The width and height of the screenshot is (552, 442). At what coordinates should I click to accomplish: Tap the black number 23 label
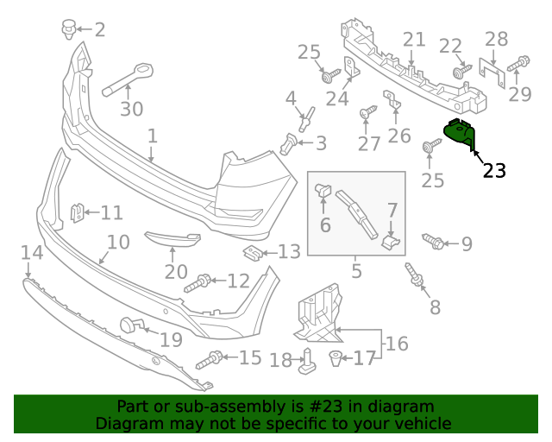[x=494, y=171]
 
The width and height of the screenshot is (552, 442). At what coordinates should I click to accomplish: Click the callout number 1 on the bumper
[x=152, y=136]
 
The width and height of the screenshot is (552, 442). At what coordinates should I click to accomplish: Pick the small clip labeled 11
[x=78, y=212]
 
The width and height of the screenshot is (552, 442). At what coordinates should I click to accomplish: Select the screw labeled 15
[x=210, y=359]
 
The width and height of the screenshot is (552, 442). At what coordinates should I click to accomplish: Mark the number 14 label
[x=31, y=253]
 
